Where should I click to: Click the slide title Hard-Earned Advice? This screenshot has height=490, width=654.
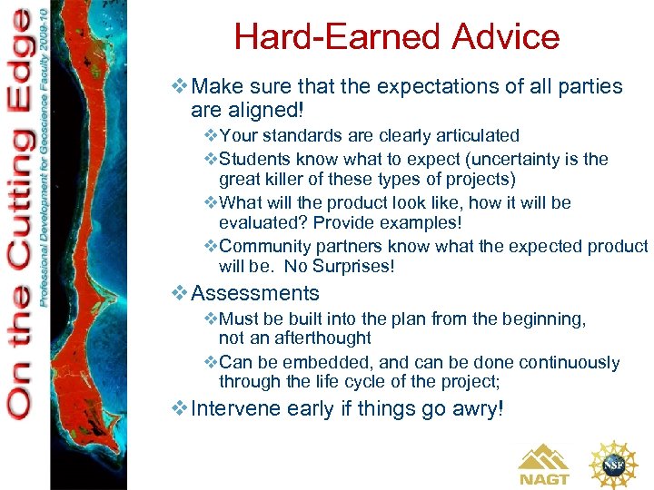coord(397,37)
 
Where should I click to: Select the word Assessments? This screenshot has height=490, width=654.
coord(255,293)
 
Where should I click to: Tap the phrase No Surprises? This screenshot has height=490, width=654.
coord(340,267)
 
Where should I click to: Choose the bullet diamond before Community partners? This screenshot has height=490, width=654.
coord(211,247)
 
